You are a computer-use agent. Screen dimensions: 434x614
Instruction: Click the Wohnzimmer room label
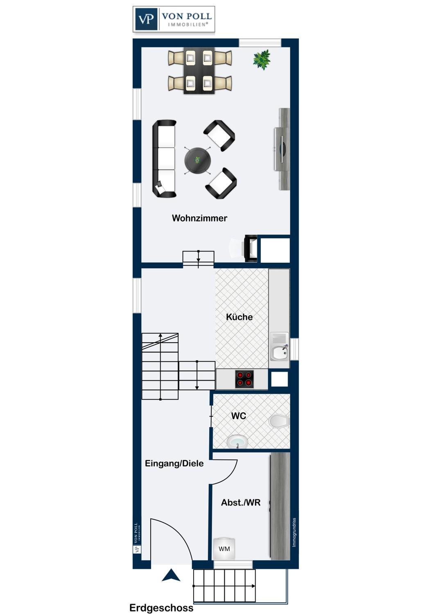pyautogui.click(x=199, y=218)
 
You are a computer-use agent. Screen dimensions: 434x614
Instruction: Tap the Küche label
pyautogui.click(x=240, y=317)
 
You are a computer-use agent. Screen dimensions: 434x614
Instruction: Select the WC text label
pyautogui.click(x=239, y=416)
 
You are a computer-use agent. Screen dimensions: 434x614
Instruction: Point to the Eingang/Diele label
pyautogui.click(x=174, y=463)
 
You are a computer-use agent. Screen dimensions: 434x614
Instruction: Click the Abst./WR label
pyautogui.click(x=241, y=502)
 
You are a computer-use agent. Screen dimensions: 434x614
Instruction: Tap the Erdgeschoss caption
pyautogui.click(x=161, y=608)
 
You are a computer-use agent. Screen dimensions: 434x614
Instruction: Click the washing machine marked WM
pyautogui.click(x=224, y=549)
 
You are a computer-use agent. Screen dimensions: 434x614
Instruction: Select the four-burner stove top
pyautogui.click(x=244, y=379)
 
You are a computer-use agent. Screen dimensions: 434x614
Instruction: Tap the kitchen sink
pyautogui.click(x=279, y=347)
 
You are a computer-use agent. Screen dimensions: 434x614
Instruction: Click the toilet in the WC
pyautogui.click(x=279, y=421)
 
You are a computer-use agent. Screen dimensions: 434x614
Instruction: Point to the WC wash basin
pyautogui.click(x=237, y=441)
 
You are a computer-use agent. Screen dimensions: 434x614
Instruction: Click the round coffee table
pyautogui.click(x=197, y=160)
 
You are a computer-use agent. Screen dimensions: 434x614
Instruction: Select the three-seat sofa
pyautogui.click(x=164, y=158)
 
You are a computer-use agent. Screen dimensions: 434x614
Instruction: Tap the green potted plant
pyautogui.click(x=262, y=59)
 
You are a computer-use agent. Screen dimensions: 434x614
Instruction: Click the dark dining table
pyautogui.click(x=199, y=70)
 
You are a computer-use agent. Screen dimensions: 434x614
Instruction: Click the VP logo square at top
pyautogui.click(x=146, y=19)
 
